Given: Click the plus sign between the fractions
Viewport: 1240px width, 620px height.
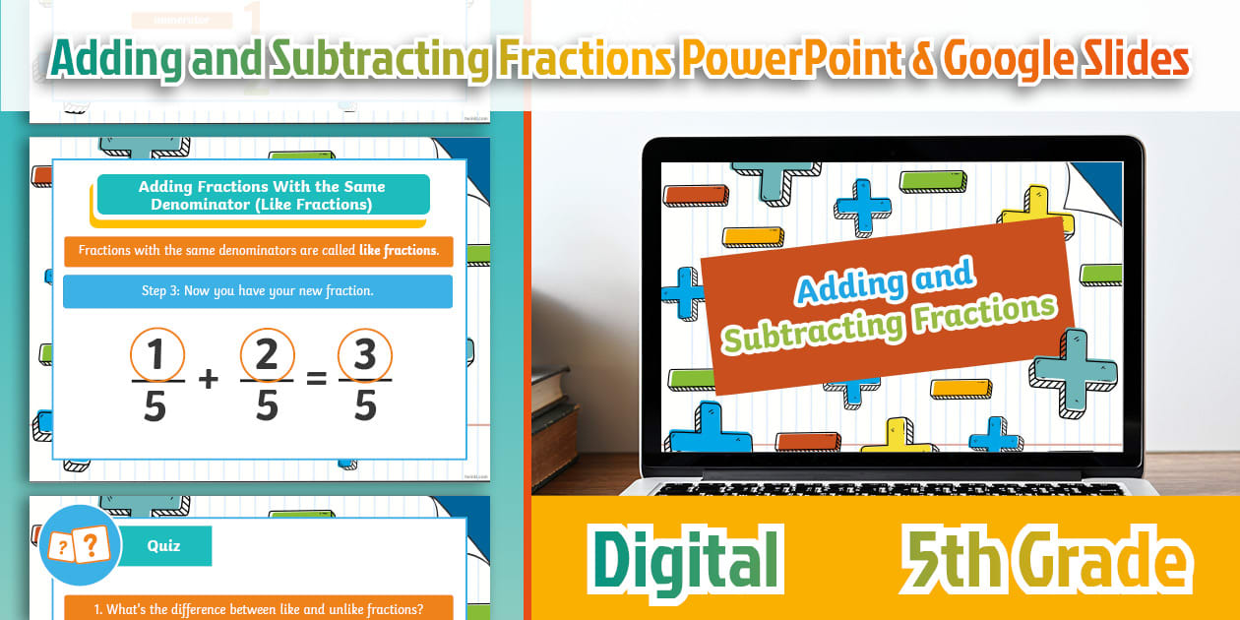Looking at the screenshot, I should coord(209,379).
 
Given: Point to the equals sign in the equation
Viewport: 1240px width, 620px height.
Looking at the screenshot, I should coord(316,378).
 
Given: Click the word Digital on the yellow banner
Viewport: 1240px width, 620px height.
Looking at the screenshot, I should coord(688,561).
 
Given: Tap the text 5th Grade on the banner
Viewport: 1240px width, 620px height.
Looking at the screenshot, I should coord(1044,561).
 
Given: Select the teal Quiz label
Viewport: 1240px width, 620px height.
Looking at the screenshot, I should coord(164,546).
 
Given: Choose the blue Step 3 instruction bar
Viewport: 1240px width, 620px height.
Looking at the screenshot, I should coord(257,291).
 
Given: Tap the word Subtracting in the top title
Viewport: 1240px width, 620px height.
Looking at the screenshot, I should coord(377,61).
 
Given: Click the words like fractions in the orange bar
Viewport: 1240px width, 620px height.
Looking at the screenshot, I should coord(398,251).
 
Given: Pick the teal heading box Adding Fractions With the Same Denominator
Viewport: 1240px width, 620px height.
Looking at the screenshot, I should coord(262,195).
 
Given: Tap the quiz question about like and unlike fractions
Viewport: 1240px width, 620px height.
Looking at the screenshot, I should coord(258,608).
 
